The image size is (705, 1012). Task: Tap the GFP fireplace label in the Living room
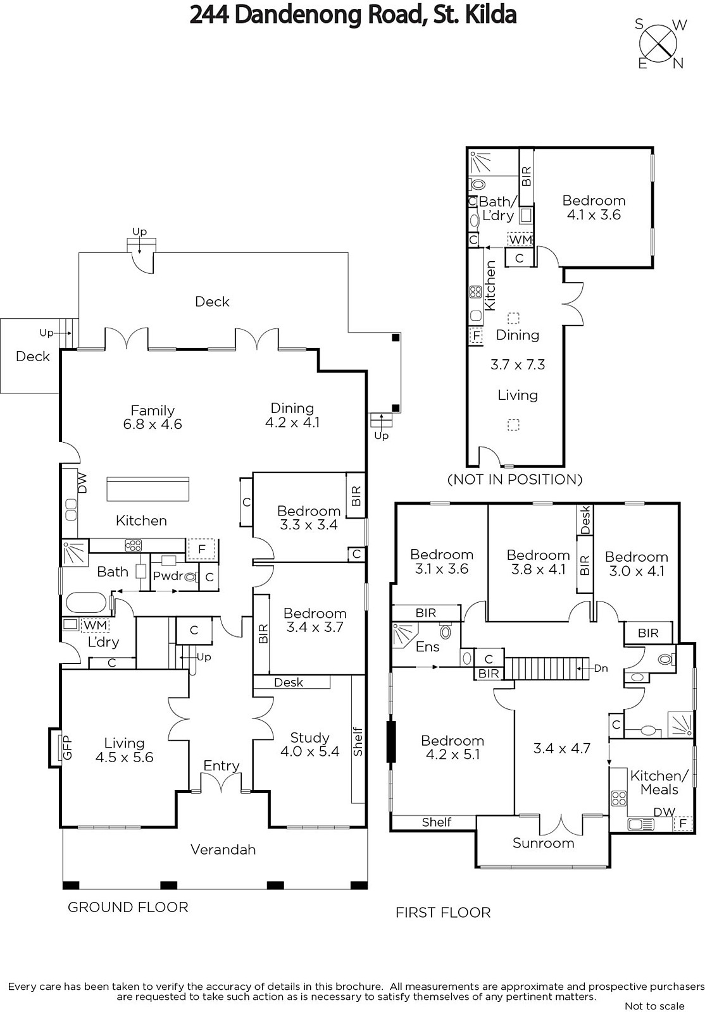click(66, 747)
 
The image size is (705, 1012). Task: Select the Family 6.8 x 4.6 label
click(153, 417)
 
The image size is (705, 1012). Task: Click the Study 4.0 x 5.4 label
click(309, 744)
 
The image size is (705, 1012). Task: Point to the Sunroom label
click(543, 843)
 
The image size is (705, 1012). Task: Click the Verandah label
click(223, 849)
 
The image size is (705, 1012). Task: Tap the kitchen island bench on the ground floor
click(148, 489)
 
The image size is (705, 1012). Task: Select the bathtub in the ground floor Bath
click(86, 602)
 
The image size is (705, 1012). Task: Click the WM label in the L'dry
click(96, 626)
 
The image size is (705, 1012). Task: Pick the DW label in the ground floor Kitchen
click(82, 483)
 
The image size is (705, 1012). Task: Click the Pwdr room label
click(168, 576)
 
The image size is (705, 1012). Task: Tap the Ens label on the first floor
click(428, 646)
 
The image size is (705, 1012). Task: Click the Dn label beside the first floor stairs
click(601, 668)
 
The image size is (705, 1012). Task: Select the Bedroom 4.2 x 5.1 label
click(452, 747)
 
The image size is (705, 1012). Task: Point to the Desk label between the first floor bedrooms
click(585, 520)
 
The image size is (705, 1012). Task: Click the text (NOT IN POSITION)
click(515, 479)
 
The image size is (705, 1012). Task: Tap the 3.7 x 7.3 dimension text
click(518, 364)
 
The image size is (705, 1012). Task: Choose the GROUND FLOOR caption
click(128, 907)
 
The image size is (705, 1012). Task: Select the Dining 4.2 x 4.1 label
click(292, 415)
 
